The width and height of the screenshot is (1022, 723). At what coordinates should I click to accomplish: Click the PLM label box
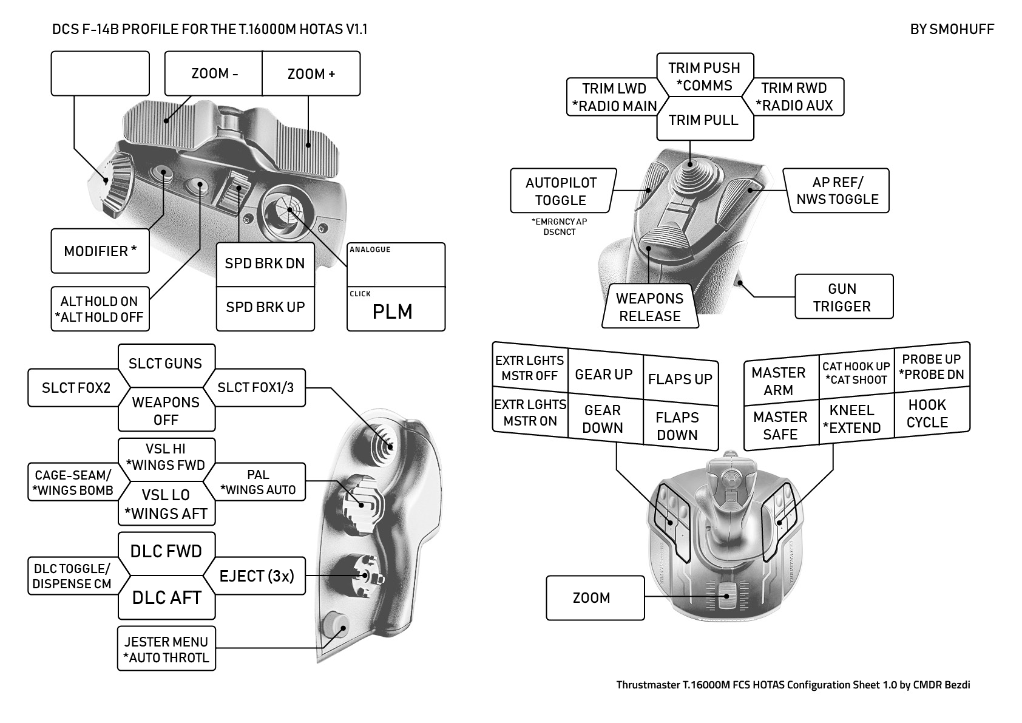coord(396,310)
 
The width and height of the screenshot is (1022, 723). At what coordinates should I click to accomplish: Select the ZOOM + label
coord(311,73)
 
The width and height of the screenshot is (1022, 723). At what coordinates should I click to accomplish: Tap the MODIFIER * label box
coord(100,251)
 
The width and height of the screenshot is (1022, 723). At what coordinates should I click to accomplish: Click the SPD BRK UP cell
coord(265,308)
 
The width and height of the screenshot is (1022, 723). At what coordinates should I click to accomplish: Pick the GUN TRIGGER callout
coord(843,297)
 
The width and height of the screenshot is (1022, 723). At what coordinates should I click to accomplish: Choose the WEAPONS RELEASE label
coord(649,307)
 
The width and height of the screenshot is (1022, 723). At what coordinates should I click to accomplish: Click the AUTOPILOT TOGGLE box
coord(561,191)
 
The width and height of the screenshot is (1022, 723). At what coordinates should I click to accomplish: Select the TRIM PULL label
coord(704,120)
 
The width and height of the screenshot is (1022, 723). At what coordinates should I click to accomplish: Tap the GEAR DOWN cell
coord(603,419)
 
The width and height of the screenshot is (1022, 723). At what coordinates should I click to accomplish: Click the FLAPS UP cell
coord(680,379)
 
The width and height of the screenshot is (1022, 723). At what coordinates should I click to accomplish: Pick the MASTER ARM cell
coord(779,381)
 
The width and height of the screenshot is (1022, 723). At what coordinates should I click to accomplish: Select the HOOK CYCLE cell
coord(928,413)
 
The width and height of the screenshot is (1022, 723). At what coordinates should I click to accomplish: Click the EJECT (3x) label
coord(257,575)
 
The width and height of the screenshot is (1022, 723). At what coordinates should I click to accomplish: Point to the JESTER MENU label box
coord(166,649)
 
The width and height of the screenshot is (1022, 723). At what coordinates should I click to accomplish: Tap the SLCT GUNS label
coord(166,364)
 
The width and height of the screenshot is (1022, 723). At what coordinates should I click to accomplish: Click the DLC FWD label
coord(166,551)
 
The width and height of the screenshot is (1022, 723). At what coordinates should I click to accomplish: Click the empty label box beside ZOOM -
coord(100,73)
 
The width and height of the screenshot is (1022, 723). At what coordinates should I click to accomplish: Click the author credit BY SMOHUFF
coord(952,29)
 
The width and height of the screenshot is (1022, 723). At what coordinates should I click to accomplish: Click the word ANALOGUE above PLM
coord(370,249)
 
